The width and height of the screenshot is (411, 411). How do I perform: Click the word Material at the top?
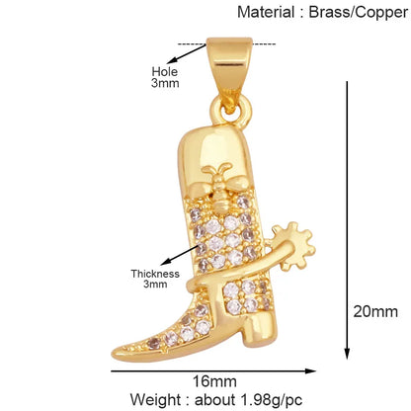(266, 12)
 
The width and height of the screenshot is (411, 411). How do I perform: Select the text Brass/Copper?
(359, 13)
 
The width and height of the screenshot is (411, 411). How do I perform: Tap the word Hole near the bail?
(164, 71)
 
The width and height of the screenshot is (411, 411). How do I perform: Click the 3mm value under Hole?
(165, 83)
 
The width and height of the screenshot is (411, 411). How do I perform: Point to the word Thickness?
(155, 274)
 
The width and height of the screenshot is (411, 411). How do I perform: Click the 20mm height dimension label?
(375, 311)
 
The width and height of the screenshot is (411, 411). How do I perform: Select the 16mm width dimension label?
(214, 381)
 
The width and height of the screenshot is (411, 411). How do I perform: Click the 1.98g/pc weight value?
(272, 400)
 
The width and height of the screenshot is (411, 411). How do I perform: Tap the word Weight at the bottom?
(155, 400)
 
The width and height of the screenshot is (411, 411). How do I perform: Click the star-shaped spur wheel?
(294, 245)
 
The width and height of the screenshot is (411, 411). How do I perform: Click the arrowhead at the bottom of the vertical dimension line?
(347, 354)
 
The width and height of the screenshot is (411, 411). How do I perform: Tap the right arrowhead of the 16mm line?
(310, 371)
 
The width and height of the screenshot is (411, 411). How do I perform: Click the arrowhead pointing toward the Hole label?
(171, 60)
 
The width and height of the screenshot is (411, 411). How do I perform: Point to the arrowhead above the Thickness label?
(165, 262)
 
